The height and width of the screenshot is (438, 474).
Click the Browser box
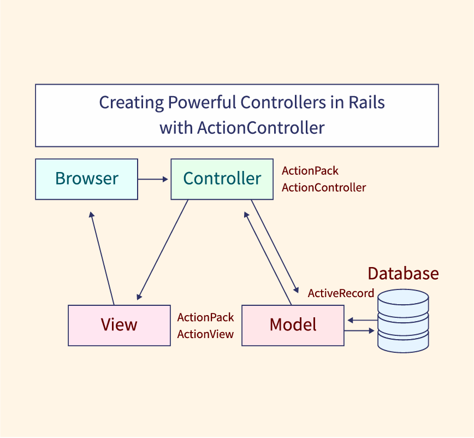[86, 179]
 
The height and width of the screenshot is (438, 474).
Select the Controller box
[222, 179]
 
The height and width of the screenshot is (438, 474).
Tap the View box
[119, 325]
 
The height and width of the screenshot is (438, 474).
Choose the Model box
[293, 325]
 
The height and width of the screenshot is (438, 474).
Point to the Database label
[403, 273]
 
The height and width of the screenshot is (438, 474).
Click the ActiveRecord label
[341, 293]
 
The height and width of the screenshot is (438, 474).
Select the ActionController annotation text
[324, 188]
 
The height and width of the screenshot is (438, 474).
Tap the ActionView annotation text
[205, 334]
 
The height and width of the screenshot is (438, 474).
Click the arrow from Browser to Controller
[153, 179]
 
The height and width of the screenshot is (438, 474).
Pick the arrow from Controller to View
[163, 249]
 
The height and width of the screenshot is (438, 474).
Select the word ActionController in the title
[260, 128]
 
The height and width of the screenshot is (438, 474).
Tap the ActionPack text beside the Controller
[310, 171]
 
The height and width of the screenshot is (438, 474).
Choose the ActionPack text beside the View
[205, 317]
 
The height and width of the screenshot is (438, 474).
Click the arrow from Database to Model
[362, 321]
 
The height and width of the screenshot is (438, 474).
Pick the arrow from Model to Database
[360, 330]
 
